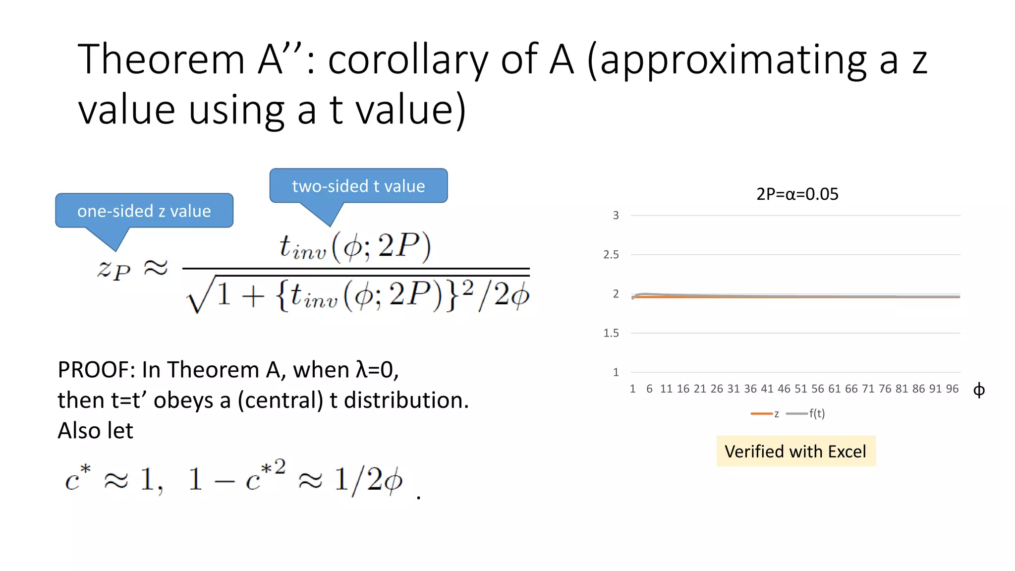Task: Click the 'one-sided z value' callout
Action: coord(144,211)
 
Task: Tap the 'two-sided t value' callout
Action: coord(358,186)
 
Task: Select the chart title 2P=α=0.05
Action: coord(797,194)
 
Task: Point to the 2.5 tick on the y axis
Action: coord(611,255)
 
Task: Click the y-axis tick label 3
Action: coord(616,216)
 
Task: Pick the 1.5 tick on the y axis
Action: coord(611,333)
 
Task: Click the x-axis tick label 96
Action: coord(952,389)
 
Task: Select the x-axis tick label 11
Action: coord(666,389)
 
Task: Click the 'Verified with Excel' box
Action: coord(795,452)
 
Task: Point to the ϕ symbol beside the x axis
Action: coord(979,391)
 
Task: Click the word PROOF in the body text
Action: coord(95,370)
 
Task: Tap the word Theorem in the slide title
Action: coord(161,59)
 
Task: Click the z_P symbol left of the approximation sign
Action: coord(113,269)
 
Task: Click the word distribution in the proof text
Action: coord(406,400)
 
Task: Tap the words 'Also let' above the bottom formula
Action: coord(95,431)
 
